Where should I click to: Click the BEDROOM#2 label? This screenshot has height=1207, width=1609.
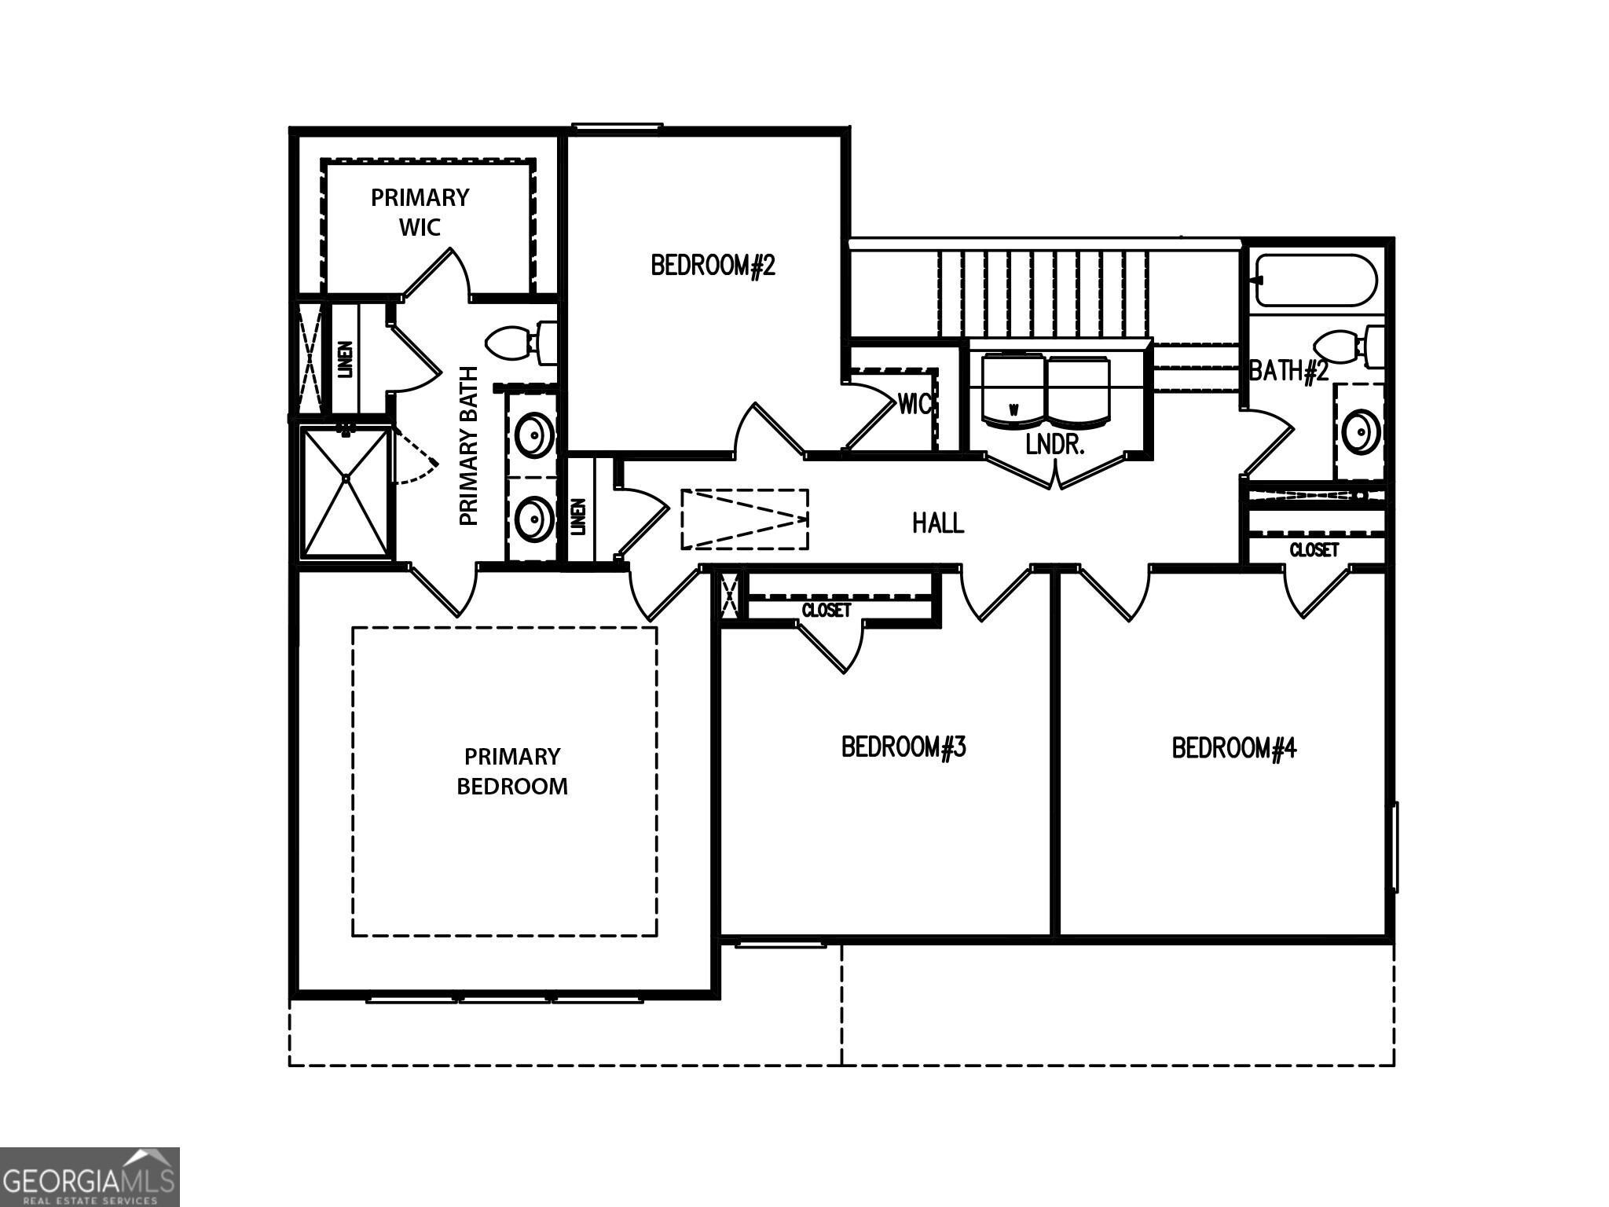[x=713, y=266]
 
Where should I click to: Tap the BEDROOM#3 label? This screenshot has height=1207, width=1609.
[x=903, y=747]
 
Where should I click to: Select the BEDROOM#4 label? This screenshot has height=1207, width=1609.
[x=1233, y=747]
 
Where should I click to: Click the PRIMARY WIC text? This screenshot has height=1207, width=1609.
[x=420, y=212]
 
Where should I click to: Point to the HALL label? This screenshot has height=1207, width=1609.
[x=938, y=523]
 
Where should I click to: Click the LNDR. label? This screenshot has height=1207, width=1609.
[x=1055, y=445]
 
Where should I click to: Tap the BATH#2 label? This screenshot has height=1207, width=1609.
[x=1288, y=370]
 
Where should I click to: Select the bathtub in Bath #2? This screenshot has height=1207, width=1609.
[x=1317, y=281]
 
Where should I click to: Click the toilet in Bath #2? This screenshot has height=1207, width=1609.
[x=1348, y=347]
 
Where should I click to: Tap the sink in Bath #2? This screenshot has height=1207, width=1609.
[x=1360, y=431]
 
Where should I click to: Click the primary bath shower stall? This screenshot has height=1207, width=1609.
[x=346, y=491]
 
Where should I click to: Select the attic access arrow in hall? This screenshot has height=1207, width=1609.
[x=745, y=519]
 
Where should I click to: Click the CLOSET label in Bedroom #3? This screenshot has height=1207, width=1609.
[x=826, y=610]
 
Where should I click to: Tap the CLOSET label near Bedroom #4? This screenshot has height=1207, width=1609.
[x=1314, y=550]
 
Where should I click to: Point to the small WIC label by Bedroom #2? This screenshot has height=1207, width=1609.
[x=915, y=404]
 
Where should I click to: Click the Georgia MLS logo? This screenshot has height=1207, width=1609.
[x=90, y=1176]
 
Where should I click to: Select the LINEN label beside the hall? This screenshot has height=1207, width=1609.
[x=578, y=516]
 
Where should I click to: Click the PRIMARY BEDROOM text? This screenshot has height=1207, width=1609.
[x=512, y=771]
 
